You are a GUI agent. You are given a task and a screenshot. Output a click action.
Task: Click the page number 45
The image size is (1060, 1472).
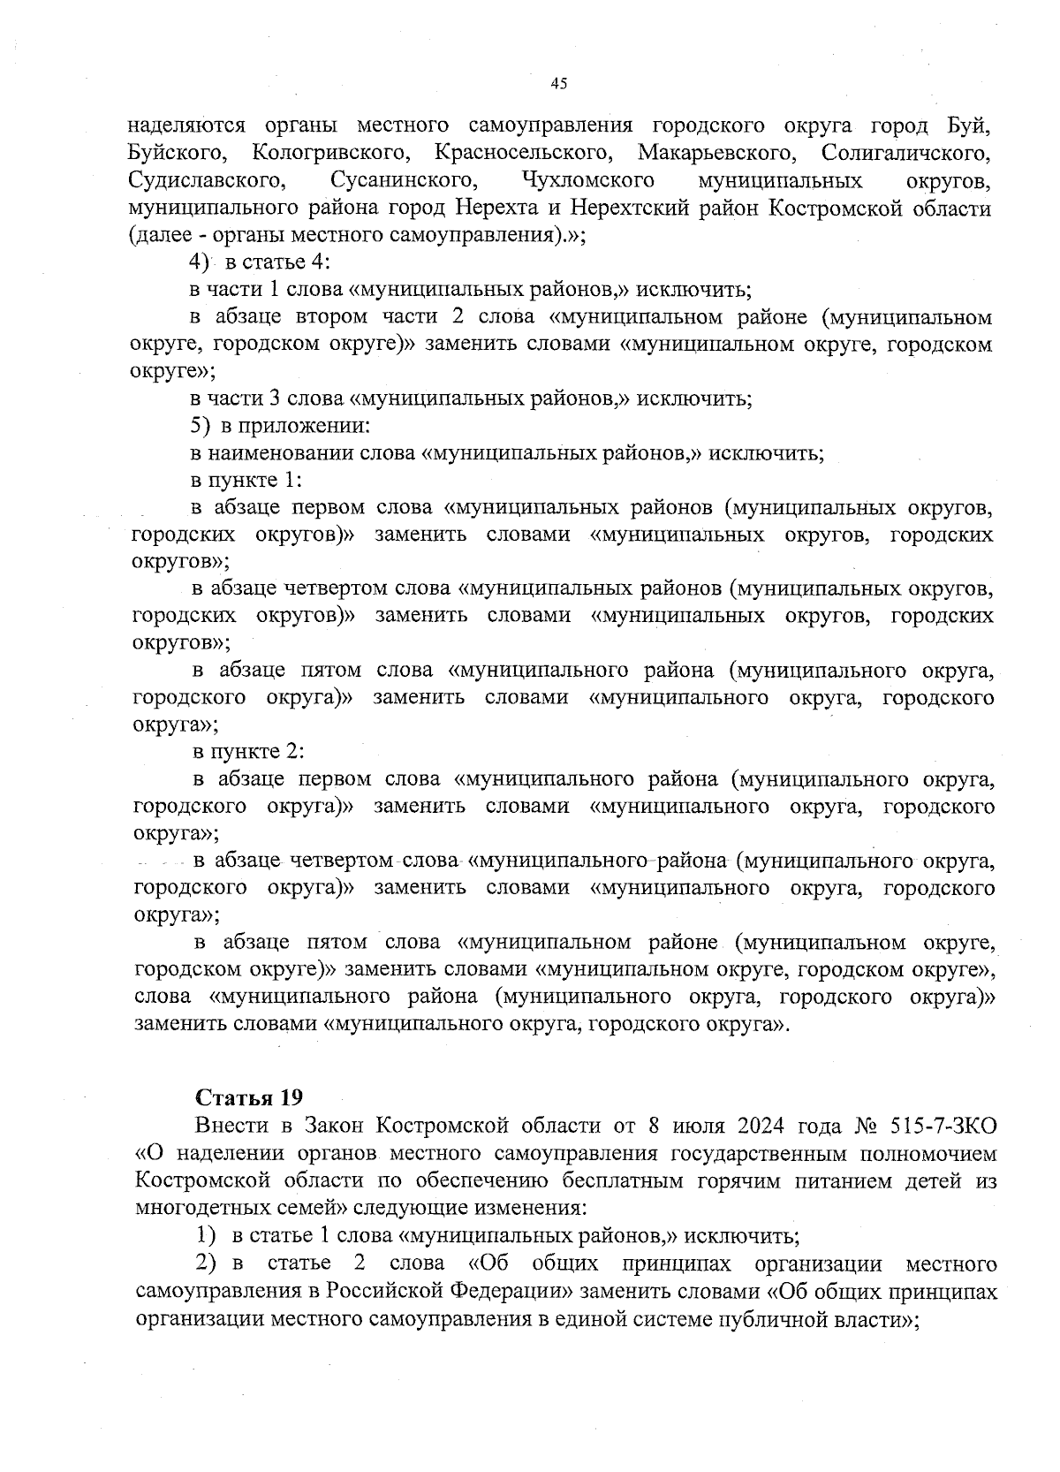[x=557, y=84]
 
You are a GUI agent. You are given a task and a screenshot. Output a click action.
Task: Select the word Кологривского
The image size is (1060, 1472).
[x=330, y=153]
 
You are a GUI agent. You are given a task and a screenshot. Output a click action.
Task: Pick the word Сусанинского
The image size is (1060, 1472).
[x=405, y=181]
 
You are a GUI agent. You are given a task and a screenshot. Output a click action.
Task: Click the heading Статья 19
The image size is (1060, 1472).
[x=248, y=1097]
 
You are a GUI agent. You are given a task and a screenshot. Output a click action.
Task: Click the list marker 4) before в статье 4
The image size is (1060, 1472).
[x=198, y=262]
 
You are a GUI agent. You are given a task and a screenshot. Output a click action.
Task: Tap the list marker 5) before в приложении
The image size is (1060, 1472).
[x=200, y=426]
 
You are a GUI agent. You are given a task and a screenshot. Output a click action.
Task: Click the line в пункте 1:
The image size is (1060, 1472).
[x=247, y=480]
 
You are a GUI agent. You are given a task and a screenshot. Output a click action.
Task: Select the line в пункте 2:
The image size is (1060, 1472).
[x=248, y=752]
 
